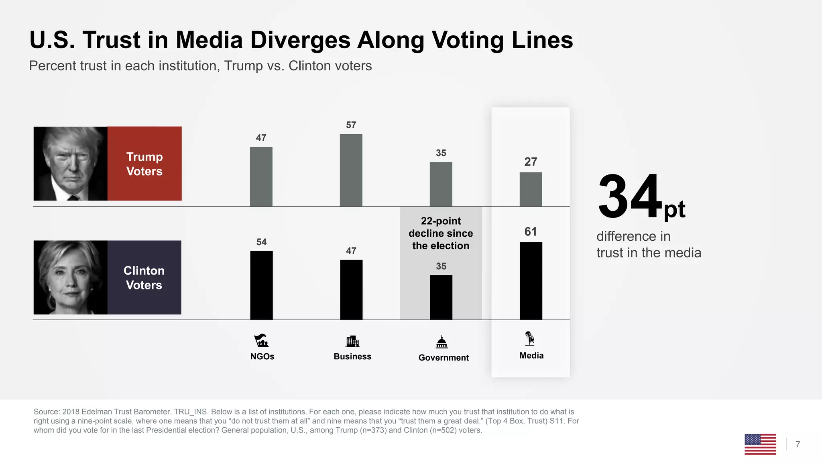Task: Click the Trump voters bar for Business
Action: click(x=351, y=170)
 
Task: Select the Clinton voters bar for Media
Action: click(x=531, y=281)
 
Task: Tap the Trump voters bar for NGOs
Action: click(x=261, y=176)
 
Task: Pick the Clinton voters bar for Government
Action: click(x=441, y=297)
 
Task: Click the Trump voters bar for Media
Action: click(x=531, y=189)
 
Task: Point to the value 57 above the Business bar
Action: click(x=351, y=125)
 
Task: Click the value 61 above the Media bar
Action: click(x=531, y=231)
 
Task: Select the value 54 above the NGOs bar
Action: click(x=261, y=242)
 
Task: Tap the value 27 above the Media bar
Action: click(x=531, y=162)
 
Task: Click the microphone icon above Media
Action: click(x=530, y=338)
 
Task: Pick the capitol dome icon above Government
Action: click(x=442, y=342)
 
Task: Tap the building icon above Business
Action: click(x=352, y=341)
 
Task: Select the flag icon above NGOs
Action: click(x=261, y=340)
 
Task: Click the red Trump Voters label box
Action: click(x=144, y=164)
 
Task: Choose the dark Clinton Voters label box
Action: click(x=144, y=277)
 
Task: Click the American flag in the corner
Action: click(x=760, y=444)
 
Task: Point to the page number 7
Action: click(x=798, y=444)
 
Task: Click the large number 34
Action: click(x=629, y=197)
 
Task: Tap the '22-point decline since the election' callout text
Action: click(x=441, y=233)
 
